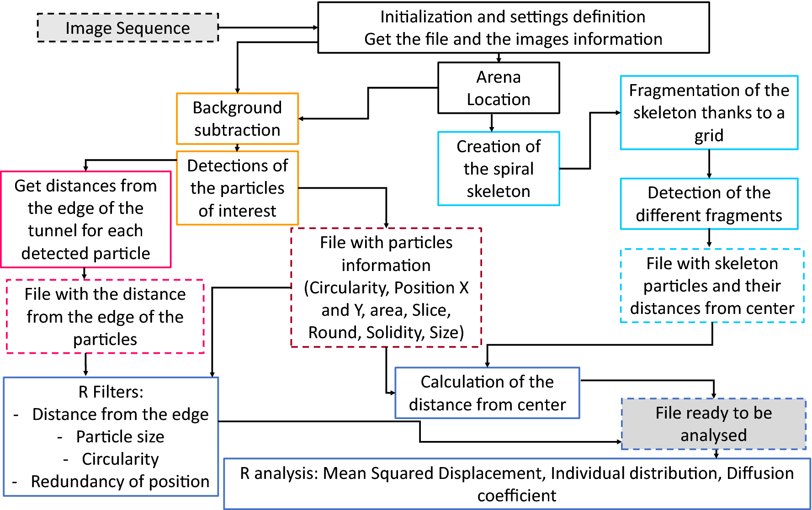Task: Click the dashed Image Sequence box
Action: [x=127, y=28]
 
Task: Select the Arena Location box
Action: [x=499, y=88]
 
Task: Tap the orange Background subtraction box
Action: [x=237, y=119]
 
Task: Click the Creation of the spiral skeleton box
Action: [x=499, y=169]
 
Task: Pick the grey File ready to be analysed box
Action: [x=713, y=424]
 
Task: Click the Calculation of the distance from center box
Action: [x=487, y=393]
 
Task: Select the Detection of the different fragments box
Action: [x=709, y=204]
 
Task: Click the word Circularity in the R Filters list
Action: [x=120, y=459]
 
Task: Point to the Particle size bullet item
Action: [x=120, y=436]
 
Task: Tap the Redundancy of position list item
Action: [x=120, y=481]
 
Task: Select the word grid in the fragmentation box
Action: [x=709, y=136]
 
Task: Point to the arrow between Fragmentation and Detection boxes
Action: [x=709, y=164]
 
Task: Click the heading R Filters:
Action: [x=111, y=392]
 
